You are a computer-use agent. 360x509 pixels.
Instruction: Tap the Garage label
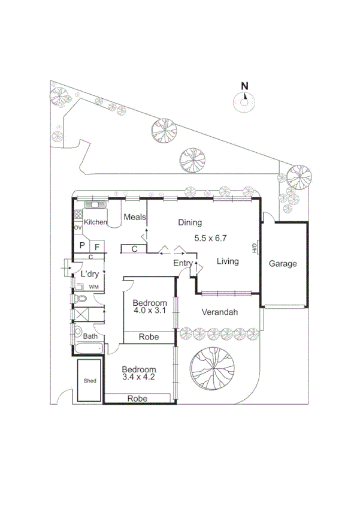(282, 264)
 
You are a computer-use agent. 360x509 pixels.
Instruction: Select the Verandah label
(220, 312)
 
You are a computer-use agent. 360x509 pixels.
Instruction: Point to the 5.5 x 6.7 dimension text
(210, 238)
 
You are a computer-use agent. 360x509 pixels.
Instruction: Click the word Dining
(190, 222)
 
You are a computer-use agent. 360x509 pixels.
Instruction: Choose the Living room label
(228, 261)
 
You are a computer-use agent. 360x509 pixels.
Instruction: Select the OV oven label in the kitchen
(78, 228)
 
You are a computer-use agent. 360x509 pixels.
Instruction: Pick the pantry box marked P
(82, 246)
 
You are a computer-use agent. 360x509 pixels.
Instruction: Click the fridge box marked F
(97, 246)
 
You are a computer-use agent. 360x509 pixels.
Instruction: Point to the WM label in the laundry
(93, 287)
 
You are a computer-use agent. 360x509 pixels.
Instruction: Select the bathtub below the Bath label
(87, 349)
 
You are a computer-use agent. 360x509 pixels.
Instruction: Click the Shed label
(90, 381)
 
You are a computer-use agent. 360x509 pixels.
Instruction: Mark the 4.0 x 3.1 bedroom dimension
(149, 311)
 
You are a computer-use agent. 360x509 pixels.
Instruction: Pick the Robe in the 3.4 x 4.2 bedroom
(137, 398)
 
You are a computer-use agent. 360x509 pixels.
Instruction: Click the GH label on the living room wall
(255, 248)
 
